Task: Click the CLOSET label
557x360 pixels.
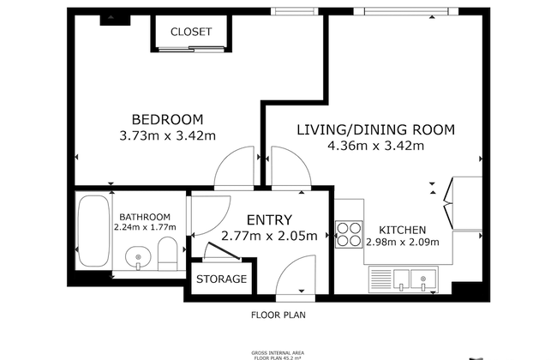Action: [x=190, y=32]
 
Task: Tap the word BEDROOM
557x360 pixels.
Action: [x=167, y=119]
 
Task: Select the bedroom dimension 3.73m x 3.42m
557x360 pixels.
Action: [x=167, y=135]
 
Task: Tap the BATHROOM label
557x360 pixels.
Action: [x=145, y=217]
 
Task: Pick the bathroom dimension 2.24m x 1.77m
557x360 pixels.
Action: [x=145, y=228]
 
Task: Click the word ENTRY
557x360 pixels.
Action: [x=269, y=219]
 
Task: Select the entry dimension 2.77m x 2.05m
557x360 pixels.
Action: [x=269, y=236]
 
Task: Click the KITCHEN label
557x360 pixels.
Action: [x=403, y=230]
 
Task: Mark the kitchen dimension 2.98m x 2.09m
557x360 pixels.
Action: [x=403, y=242]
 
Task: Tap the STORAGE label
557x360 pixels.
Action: [x=222, y=279]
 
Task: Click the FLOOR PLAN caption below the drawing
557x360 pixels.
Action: [x=278, y=315]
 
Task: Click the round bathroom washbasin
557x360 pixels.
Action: [x=138, y=255]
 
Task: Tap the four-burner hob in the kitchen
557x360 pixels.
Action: [x=350, y=234]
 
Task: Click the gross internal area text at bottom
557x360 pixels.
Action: [x=278, y=353]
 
